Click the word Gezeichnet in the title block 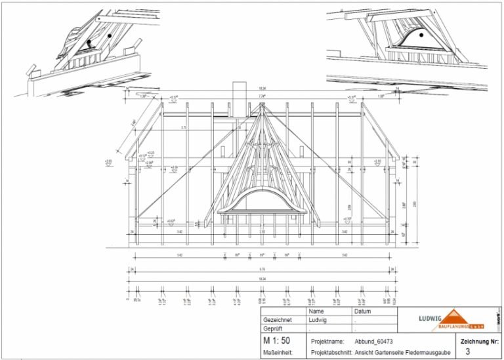[x=276, y=321]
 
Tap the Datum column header [x=363, y=311]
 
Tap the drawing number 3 [x=467, y=351]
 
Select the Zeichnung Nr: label [x=480, y=341]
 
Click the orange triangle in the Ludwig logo [x=453, y=316]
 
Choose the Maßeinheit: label [x=277, y=351]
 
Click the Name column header [x=317, y=311]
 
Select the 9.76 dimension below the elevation [x=262, y=268]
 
